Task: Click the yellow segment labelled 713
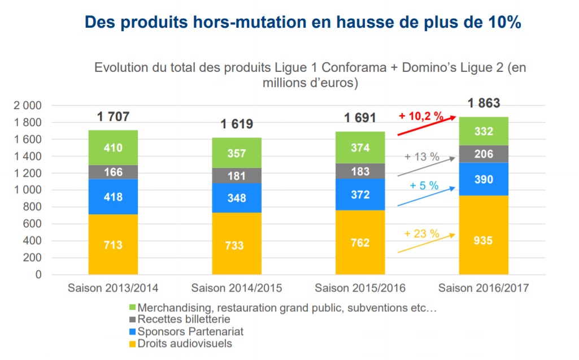click(113, 245)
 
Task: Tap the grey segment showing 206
click(484, 154)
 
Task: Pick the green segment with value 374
click(360, 148)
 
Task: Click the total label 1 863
click(484, 103)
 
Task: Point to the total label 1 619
click(237, 124)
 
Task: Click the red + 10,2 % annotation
click(421, 116)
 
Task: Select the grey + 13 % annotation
click(422, 157)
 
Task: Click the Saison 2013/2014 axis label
click(113, 288)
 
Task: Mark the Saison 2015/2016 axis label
click(360, 288)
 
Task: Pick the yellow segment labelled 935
click(484, 240)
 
